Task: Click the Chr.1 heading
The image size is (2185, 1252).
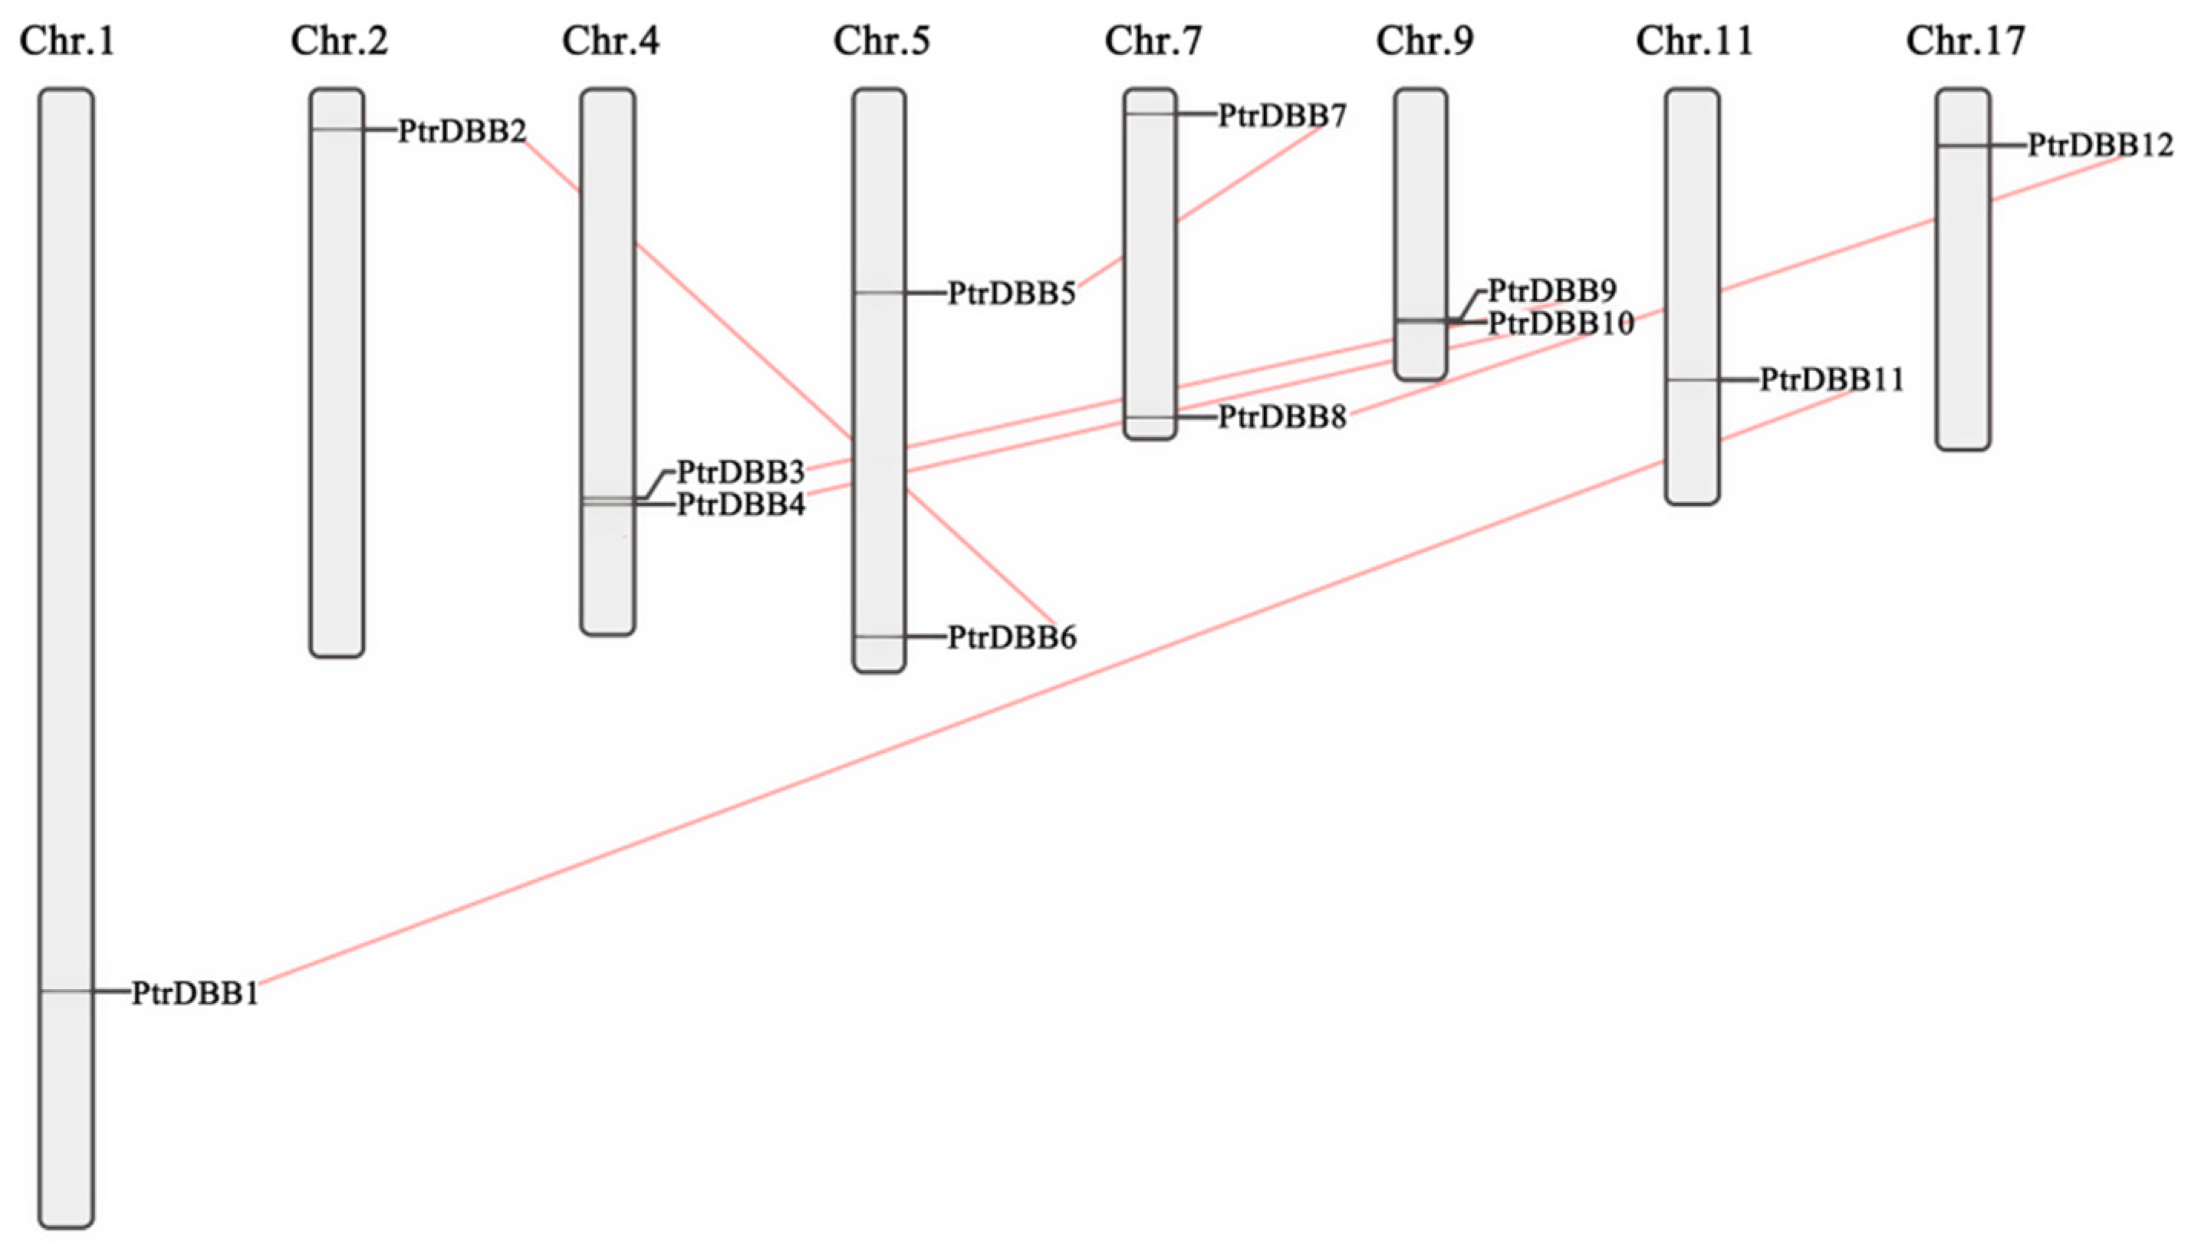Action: click(66, 41)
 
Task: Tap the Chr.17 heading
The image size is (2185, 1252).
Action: click(1966, 41)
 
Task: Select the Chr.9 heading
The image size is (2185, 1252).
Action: click(1424, 41)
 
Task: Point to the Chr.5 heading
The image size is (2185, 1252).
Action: click(881, 41)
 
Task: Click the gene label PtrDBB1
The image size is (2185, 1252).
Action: click(196, 994)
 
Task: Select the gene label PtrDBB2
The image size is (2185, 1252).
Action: click(462, 132)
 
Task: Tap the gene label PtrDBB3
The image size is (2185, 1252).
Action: click(740, 472)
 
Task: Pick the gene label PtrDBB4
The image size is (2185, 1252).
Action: click(740, 504)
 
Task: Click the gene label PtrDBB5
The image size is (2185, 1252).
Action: click(1012, 294)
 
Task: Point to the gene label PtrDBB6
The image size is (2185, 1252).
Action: click(1012, 638)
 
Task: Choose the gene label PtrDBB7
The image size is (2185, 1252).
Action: click(1282, 115)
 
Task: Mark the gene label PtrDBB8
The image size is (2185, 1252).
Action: click(1282, 418)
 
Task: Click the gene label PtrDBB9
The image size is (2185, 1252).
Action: click(1552, 291)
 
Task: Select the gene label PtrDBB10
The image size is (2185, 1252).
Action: click(1561, 324)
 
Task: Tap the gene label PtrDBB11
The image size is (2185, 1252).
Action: click(1831, 380)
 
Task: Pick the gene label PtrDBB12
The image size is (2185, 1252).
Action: click(2100, 146)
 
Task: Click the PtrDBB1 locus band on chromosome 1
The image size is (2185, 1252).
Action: click(66, 991)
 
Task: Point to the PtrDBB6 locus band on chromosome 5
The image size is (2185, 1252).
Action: click(879, 636)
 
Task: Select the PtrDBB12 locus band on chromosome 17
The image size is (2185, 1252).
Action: click(1963, 146)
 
